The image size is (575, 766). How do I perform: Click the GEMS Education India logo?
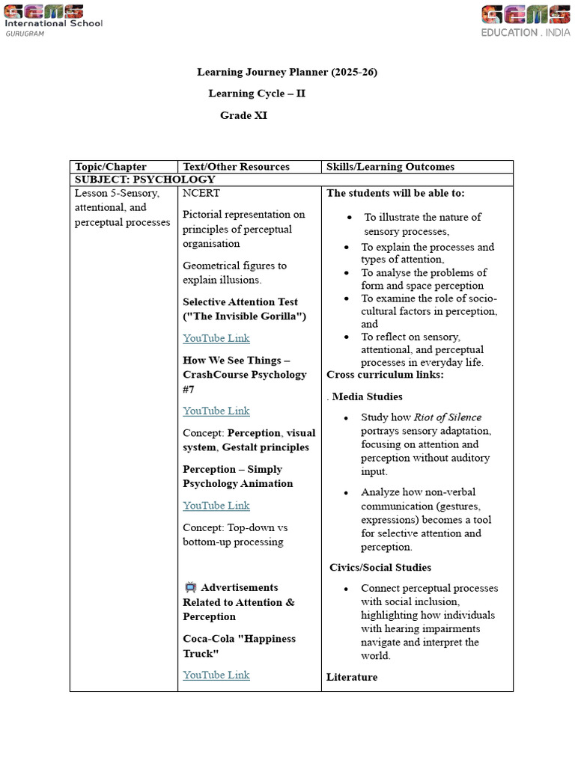point(524,20)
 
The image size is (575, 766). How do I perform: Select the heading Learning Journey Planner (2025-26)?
point(287,73)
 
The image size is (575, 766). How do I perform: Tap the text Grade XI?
point(243,115)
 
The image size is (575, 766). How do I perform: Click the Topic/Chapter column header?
point(110,167)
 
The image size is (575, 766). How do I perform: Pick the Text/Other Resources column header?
point(236,167)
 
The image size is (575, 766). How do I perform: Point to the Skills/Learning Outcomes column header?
point(390,167)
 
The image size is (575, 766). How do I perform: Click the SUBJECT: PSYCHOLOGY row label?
point(144,180)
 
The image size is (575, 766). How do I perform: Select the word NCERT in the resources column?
point(201,193)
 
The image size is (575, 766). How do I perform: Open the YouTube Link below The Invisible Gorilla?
point(216,338)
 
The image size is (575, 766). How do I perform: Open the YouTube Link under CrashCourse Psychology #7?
point(216,411)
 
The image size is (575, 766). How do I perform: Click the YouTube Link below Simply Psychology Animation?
point(216,506)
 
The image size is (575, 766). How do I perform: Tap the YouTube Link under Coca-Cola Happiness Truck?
point(216,675)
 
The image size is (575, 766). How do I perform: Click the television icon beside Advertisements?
point(190,588)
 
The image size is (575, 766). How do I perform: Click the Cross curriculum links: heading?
point(385,375)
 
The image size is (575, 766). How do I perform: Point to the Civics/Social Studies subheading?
point(380,567)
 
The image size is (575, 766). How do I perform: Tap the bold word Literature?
point(352,677)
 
